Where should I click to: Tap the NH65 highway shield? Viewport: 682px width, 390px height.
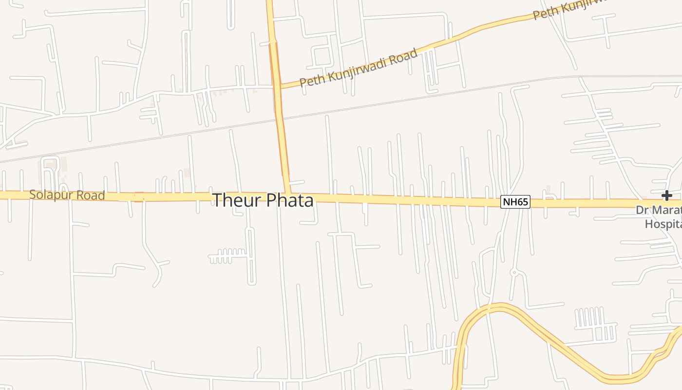click(x=515, y=202)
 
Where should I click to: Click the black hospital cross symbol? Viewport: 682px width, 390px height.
click(x=666, y=196)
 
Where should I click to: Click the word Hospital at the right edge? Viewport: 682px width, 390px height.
click(x=663, y=224)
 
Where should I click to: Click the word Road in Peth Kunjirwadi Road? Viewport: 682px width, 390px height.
click(x=404, y=56)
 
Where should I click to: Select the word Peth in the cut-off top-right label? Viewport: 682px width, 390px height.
click(x=545, y=14)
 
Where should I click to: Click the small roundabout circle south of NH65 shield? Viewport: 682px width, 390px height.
click(x=513, y=273)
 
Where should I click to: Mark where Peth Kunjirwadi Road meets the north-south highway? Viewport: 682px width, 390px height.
click(x=279, y=88)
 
